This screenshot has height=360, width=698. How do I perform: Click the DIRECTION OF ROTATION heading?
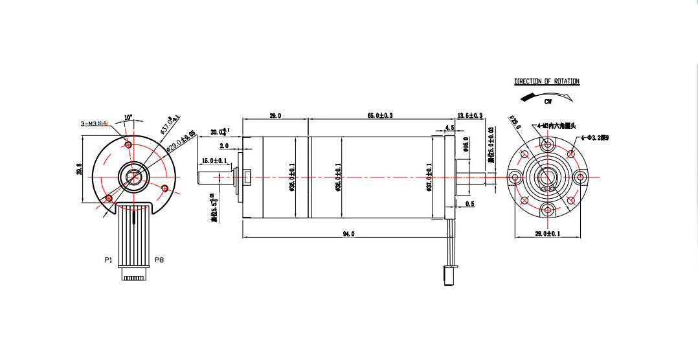(x=546, y=82)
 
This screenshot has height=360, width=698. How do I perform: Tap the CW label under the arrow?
(x=547, y=102)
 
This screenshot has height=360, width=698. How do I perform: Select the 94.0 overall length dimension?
(x=348, y=234)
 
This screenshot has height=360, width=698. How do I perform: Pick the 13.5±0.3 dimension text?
(x=470, y=115)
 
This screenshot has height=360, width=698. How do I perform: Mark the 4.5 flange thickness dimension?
(x=449, y=128)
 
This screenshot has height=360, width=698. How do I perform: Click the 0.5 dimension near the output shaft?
(x=469, y=204)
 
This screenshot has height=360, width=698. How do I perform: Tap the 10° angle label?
(x=128, y=117)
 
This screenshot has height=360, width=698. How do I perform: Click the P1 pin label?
(x=108, y=260)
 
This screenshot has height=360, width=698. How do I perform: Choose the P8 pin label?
(x=159, y=260)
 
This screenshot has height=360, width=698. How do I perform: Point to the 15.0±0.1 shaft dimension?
(x=215, y=161)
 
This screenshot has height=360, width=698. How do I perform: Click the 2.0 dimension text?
(x=224, y=146)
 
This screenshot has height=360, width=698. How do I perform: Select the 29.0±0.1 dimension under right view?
(x=547, y=233)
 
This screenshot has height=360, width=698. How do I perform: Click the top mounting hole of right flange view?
(x=548, y=144)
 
